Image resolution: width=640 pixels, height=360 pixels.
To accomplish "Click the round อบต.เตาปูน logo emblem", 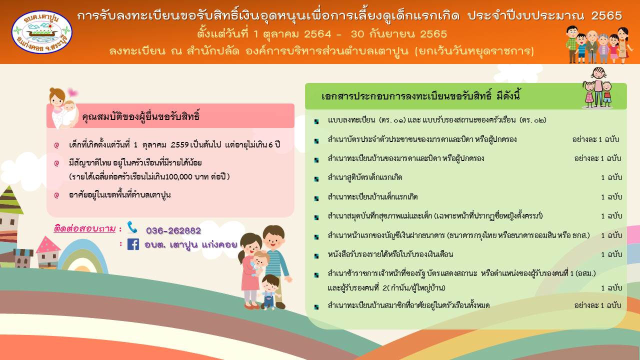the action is pos(41,32).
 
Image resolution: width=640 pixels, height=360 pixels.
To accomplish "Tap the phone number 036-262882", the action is pos(173,230).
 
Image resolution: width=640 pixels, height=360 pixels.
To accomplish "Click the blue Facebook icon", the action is pos(133,244).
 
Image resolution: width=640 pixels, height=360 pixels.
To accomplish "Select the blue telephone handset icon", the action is pos(132,227).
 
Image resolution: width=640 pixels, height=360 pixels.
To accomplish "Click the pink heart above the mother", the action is pos(72,92).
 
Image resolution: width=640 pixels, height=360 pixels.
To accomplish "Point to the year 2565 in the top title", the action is pos(606,15).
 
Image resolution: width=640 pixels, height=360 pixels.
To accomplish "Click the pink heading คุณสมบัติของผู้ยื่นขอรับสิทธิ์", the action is pos(141,116).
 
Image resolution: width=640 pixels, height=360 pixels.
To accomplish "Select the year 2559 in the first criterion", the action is pos(179,144).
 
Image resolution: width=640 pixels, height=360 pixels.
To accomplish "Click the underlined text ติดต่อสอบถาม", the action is pos(84,229).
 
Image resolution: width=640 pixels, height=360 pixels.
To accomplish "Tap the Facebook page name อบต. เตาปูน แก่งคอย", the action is pos(191,244).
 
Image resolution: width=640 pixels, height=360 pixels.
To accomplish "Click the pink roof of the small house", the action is pos(47,244).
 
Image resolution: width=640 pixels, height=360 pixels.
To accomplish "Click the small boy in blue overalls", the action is pos(269,292).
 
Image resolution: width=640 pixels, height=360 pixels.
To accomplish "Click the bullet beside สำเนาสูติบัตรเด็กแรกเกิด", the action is pos(316,179).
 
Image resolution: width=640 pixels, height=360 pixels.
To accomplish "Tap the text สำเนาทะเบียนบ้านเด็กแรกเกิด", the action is pos(373,196).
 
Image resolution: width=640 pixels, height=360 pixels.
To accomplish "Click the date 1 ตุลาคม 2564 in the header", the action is pos(292,34).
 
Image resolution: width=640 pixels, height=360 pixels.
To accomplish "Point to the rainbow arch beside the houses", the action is pos(83,251).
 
